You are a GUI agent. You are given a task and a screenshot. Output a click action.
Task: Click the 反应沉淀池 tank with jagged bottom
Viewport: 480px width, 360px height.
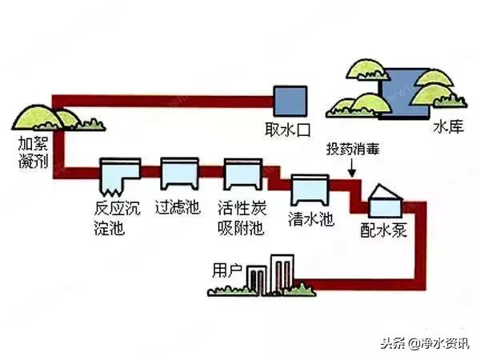pyautogui.click(x=119, y=174)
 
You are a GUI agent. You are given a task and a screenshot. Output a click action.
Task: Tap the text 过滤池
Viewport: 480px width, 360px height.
pyautogui.click(x=177, y=207)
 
